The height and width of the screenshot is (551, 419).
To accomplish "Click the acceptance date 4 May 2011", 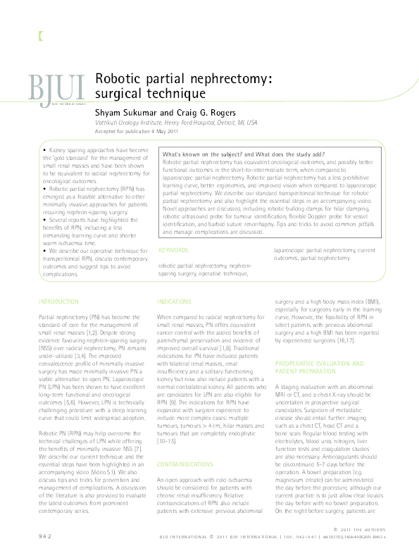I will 161,132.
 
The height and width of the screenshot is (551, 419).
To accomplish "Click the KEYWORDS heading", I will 173,250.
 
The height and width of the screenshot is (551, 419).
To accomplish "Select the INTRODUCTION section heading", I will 60,302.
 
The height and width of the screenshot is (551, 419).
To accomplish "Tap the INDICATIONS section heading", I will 174,301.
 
